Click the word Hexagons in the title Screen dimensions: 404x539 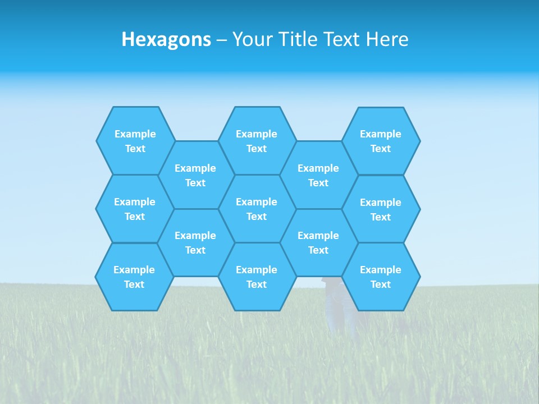pyautogui.click(x=166, y=39)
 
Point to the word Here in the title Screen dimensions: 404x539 pyautogui.click(x=387, y=39)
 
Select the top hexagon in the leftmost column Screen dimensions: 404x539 pyautogui.click(x=135, y=141)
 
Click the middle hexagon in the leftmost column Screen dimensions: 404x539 pyautogui.click(x=135, y=209)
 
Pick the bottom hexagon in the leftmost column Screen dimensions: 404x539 pyautogui.click(x=134, y=277)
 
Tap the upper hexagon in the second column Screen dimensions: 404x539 pyautogui.click(x=195, y=175)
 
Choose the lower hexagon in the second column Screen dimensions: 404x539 pyautogui.click(x=195, y=242)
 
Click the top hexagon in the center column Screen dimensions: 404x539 pyautogui.click(x=257, y=141)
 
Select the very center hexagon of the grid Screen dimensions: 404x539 pyautogui.click(x=257, y=209)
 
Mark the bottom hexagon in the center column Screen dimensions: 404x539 pyautogui.click(x=257, y=277)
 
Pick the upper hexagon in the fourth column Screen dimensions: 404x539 pyautogui.click(x=318, y=175)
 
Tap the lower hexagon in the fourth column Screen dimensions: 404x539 pyautogui.click(x=318, y=242)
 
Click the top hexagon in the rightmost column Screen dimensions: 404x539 pyautogui.click(x=381, y=141)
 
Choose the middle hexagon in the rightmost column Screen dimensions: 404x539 pyautogui.click(x=381, y=209)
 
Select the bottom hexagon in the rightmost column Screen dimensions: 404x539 pyautogui.click(x=381, y=277)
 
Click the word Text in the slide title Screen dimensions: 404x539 pyautogui.click(x=342, y=39)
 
